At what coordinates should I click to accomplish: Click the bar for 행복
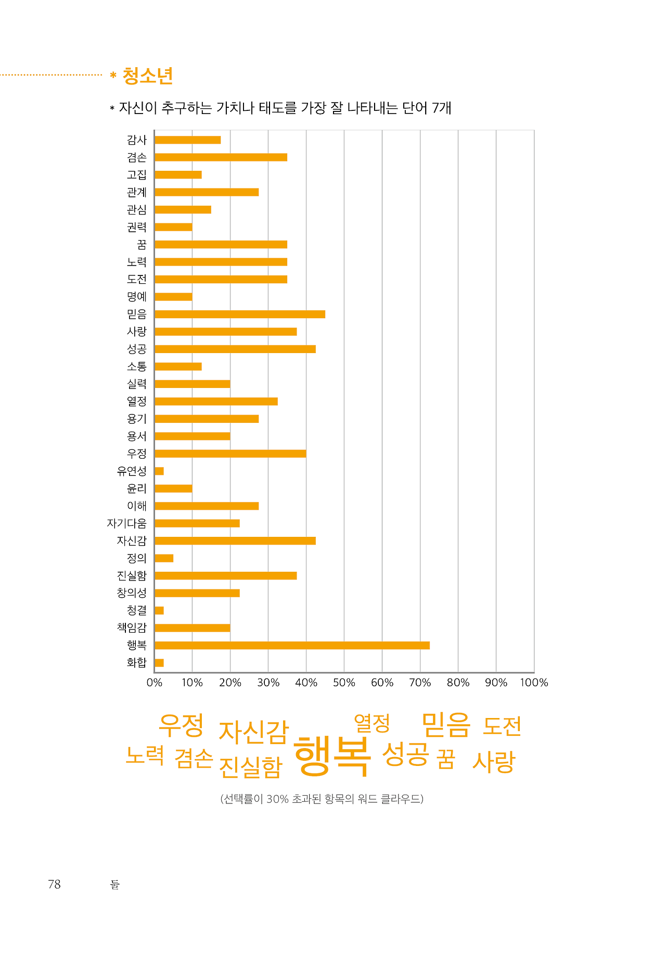coord(292,645)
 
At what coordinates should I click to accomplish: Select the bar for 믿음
coord(239,314)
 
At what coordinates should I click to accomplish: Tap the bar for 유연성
coord(159,471)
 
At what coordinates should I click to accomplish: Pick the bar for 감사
coord(187,140)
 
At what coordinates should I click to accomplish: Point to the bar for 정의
coord(164,558)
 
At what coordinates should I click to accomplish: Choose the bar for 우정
coord(230,454)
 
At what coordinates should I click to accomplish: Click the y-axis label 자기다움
coord(126,523)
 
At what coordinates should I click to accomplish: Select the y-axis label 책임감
coord(132,627)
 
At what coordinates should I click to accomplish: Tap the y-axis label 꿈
coord(142,244)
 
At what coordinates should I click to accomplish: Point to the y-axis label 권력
coord(137,227)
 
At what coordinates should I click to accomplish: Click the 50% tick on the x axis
coord(344,683)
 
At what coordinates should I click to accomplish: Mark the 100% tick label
coord(534,683)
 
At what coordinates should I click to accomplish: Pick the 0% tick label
coord(155,683)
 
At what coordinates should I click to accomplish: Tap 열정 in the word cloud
coord(372,723)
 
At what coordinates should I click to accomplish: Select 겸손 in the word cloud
coord(194,758)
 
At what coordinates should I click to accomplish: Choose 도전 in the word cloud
coord(502,726)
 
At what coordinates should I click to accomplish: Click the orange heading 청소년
coord(147,76)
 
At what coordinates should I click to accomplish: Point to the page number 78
coord(54,884)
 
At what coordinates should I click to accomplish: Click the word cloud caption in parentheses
coord(322,799)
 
